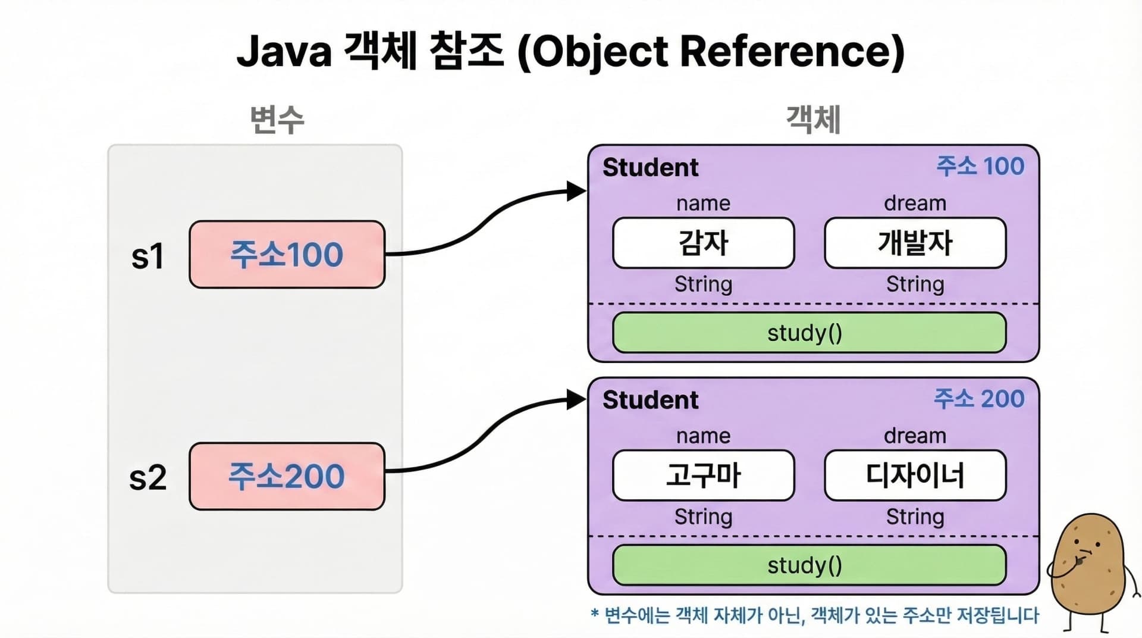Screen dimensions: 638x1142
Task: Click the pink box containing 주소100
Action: point(287,255)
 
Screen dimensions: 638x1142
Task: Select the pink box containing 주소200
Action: point(287,476)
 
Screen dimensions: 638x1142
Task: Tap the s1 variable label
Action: point(148,257)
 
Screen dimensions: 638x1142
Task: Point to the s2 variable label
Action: point(148,478)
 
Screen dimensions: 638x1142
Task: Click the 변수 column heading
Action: point(277,120)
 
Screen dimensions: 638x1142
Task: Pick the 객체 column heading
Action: point(813,120)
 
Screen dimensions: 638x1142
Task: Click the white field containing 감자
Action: point(703,243)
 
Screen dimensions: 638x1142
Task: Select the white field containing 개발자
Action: point(915,243)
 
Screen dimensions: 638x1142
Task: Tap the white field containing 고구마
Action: point(703,476)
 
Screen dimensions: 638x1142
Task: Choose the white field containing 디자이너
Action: point(915,476)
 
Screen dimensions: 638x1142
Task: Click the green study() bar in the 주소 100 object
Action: point(809,333)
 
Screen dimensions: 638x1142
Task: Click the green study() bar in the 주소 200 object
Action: point(809,565)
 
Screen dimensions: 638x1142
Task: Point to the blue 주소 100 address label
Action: point(980,166)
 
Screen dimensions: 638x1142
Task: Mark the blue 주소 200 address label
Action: point(979,399)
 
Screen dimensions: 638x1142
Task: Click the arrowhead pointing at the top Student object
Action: point(576,191)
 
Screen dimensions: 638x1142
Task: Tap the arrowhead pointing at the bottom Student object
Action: point(576,399)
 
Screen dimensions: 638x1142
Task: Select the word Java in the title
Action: point(284,52)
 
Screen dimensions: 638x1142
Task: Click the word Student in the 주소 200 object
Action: point(650,400)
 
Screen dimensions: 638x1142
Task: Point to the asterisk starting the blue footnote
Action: point(594,612)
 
